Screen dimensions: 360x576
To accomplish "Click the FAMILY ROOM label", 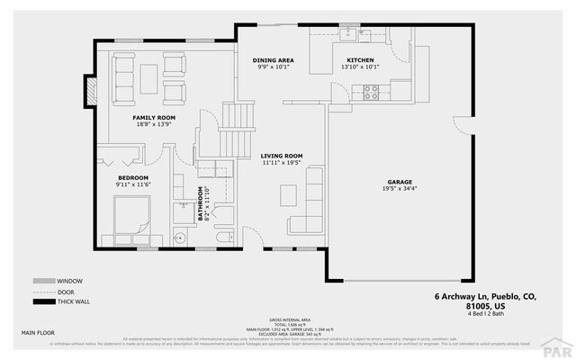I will (154, 118).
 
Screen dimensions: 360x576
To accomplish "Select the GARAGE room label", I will (400, 181).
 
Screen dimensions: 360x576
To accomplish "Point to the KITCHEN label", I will (360, 60).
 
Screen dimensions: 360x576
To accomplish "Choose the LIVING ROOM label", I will (282, 156).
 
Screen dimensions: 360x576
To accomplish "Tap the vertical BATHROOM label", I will (201, 203).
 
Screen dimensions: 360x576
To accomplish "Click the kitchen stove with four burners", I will (370, 90).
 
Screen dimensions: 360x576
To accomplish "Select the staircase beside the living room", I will (236, 126).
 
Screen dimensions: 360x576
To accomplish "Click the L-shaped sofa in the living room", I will (310, 200).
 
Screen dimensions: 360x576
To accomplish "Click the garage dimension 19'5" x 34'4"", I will (400, 188).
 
